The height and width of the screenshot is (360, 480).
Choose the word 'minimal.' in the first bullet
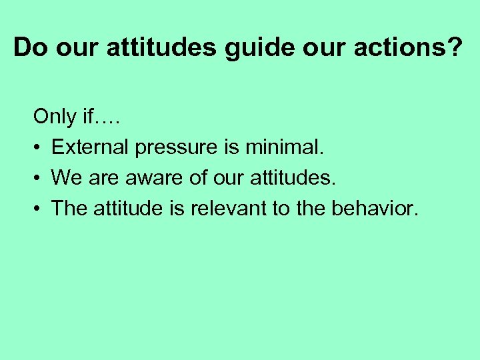284,147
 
